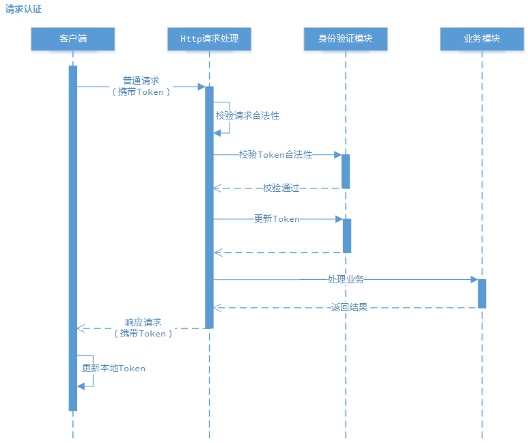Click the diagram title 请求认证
24,10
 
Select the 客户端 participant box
72,39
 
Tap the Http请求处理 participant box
209,39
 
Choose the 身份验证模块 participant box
346,39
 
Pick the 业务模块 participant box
482,39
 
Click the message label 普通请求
141,81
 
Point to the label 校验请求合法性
247,116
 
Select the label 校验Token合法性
275,155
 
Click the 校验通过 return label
281,188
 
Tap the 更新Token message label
277,219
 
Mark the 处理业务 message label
345,280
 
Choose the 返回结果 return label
349,308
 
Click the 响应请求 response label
143,322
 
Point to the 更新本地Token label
113,369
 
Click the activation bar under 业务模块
482,294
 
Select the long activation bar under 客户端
72,239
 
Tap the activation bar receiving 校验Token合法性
346,171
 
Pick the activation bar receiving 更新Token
346,235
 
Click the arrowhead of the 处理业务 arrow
473,280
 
